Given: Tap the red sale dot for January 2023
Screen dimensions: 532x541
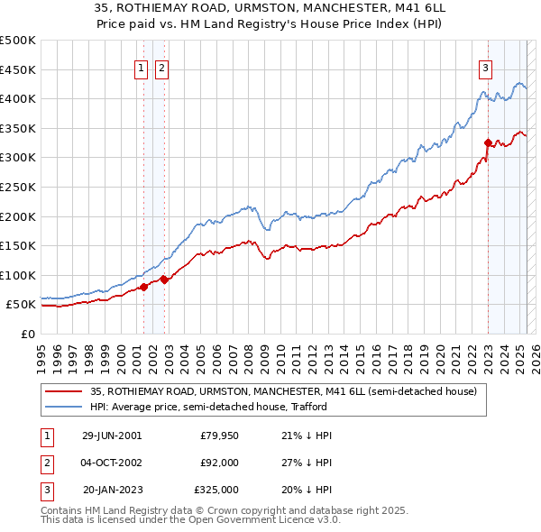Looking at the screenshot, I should [488, 142].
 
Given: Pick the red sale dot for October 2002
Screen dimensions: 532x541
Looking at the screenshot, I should [164, 280].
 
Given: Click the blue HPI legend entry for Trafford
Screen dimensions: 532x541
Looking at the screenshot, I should [244, 407].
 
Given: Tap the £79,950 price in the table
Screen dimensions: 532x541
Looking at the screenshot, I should [219, 436].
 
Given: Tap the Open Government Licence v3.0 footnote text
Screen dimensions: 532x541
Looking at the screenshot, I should [254, 520].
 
